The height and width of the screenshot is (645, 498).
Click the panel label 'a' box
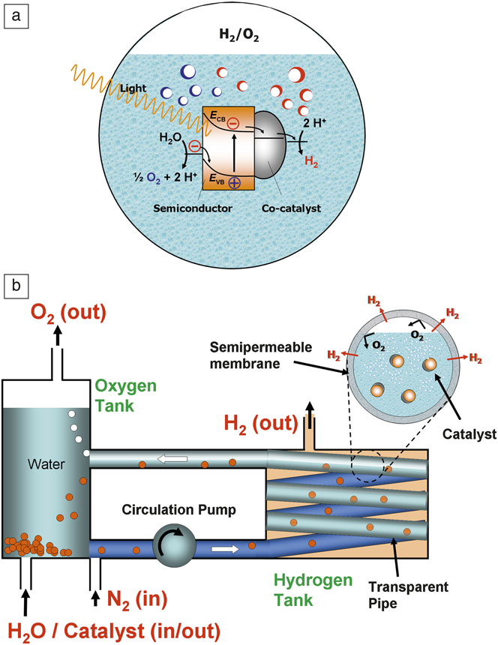15,15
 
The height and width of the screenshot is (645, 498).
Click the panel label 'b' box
15,286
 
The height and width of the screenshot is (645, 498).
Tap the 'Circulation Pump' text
178,510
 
